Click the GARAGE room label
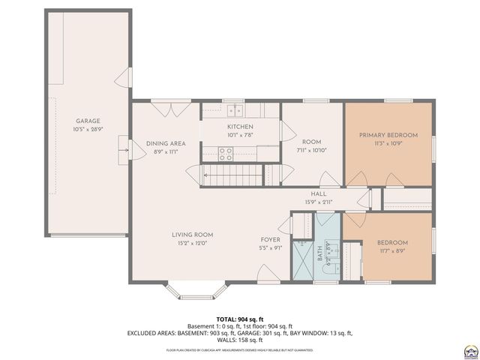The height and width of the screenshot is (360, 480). (88, 121)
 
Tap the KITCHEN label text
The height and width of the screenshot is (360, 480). (241, 127)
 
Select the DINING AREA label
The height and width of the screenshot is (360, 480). (166, 143)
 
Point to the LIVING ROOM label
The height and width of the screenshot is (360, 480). (191, 235)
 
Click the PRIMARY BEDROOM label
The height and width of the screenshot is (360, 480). (388, 135)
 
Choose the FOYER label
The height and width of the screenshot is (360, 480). (269, 240)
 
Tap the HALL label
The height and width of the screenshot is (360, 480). (319, 193)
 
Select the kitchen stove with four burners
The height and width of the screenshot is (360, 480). (225, 153)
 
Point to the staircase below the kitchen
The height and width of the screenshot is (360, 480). (232, 176)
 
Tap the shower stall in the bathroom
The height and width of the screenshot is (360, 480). (301, 259)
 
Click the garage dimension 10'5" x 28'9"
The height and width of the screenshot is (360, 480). (88, 129)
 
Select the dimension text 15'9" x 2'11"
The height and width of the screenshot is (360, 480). (319, 202)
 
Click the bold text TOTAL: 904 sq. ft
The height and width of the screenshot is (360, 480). (240, 319)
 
